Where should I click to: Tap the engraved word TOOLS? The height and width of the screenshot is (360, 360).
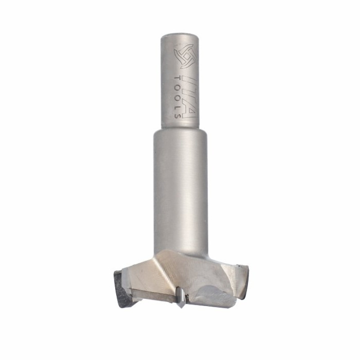point(177,96)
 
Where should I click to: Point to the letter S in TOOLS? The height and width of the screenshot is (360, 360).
point(177,115)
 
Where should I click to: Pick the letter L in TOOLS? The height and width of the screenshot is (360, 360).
point(177,106)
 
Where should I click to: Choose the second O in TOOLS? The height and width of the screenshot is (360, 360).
point(177,97)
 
